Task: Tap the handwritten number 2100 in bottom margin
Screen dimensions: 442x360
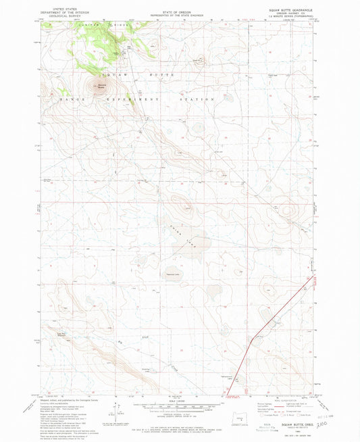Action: [330, 426]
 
